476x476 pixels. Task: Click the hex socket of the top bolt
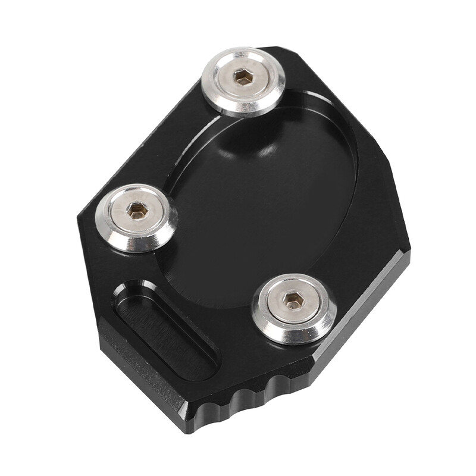(x=243, y=76)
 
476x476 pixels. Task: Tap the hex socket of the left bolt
(x=137, y=210)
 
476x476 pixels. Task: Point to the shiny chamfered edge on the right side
(x=363, y=309)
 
